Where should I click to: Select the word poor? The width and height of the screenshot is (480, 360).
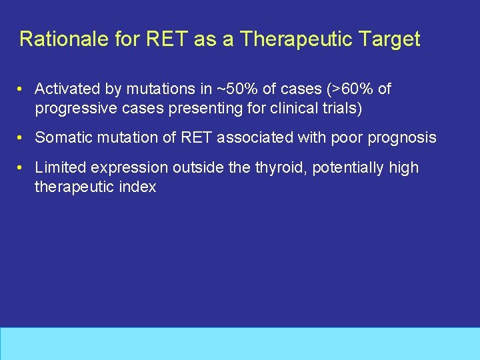(x=352, y=138)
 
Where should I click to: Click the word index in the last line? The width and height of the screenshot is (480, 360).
(x=139, y=187)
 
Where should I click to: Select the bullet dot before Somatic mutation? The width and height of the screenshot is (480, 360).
(x=22, y=138)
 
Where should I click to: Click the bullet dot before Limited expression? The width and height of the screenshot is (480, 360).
(x=22, y=168)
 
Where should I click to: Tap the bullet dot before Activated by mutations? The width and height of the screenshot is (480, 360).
(x=22, y=89)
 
